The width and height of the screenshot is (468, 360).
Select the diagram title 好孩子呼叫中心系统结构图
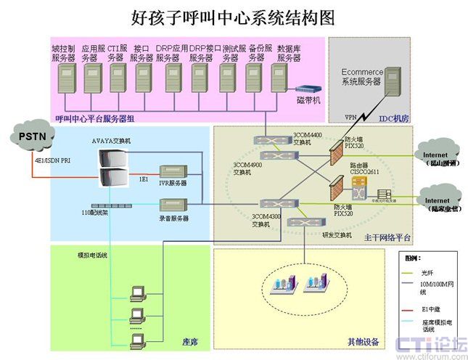pyautogui.click(x=234, y=17)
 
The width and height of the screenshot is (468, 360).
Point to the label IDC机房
pyautogui.click(x=394, y=118)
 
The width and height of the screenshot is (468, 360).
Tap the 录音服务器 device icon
pyautogui.click(x=174, y=206)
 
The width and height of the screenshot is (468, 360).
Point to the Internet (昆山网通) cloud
pyautogui.click(x=438, y=156)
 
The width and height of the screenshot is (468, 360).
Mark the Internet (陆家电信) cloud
pyautogui.click(x=438, y=201)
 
